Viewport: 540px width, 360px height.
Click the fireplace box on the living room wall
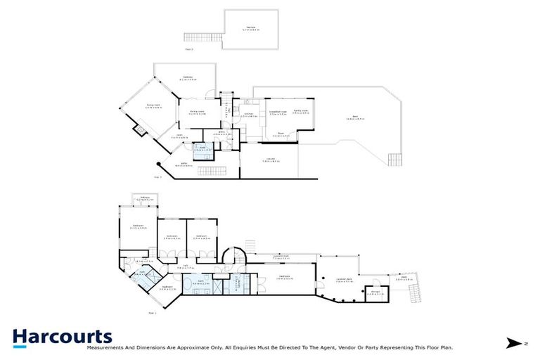[141, 129]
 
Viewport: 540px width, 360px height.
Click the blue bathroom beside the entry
[203, 150]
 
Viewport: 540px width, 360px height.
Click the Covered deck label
[344, 281]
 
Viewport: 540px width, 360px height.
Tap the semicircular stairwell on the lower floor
[234, 255]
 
